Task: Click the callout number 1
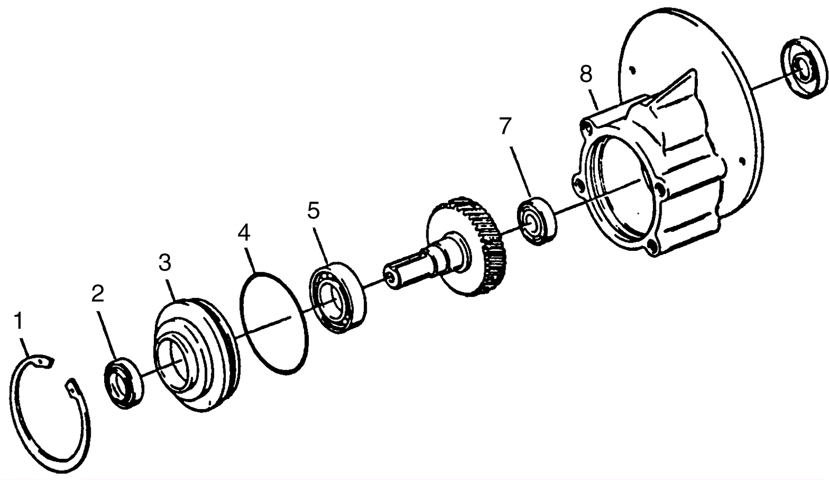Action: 19,321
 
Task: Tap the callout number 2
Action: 97,293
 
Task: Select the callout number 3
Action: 164,263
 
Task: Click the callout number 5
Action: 313,210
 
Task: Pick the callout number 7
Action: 505,126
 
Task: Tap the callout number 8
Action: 585,74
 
